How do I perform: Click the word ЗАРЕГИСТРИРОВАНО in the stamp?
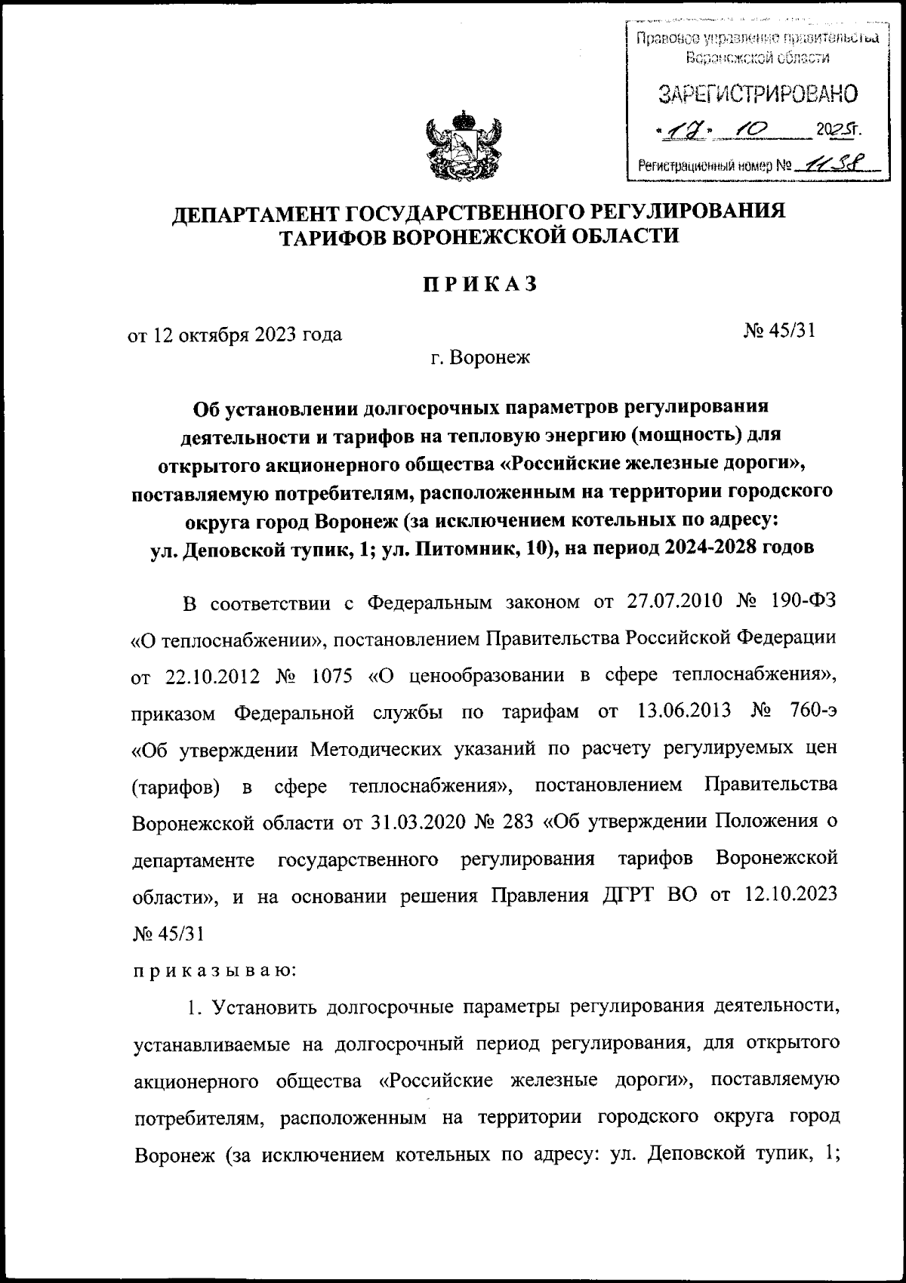tap(758, 94)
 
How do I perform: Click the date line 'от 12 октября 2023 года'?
tap(235, 334)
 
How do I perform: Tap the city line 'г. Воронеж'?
tap(480, 356)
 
